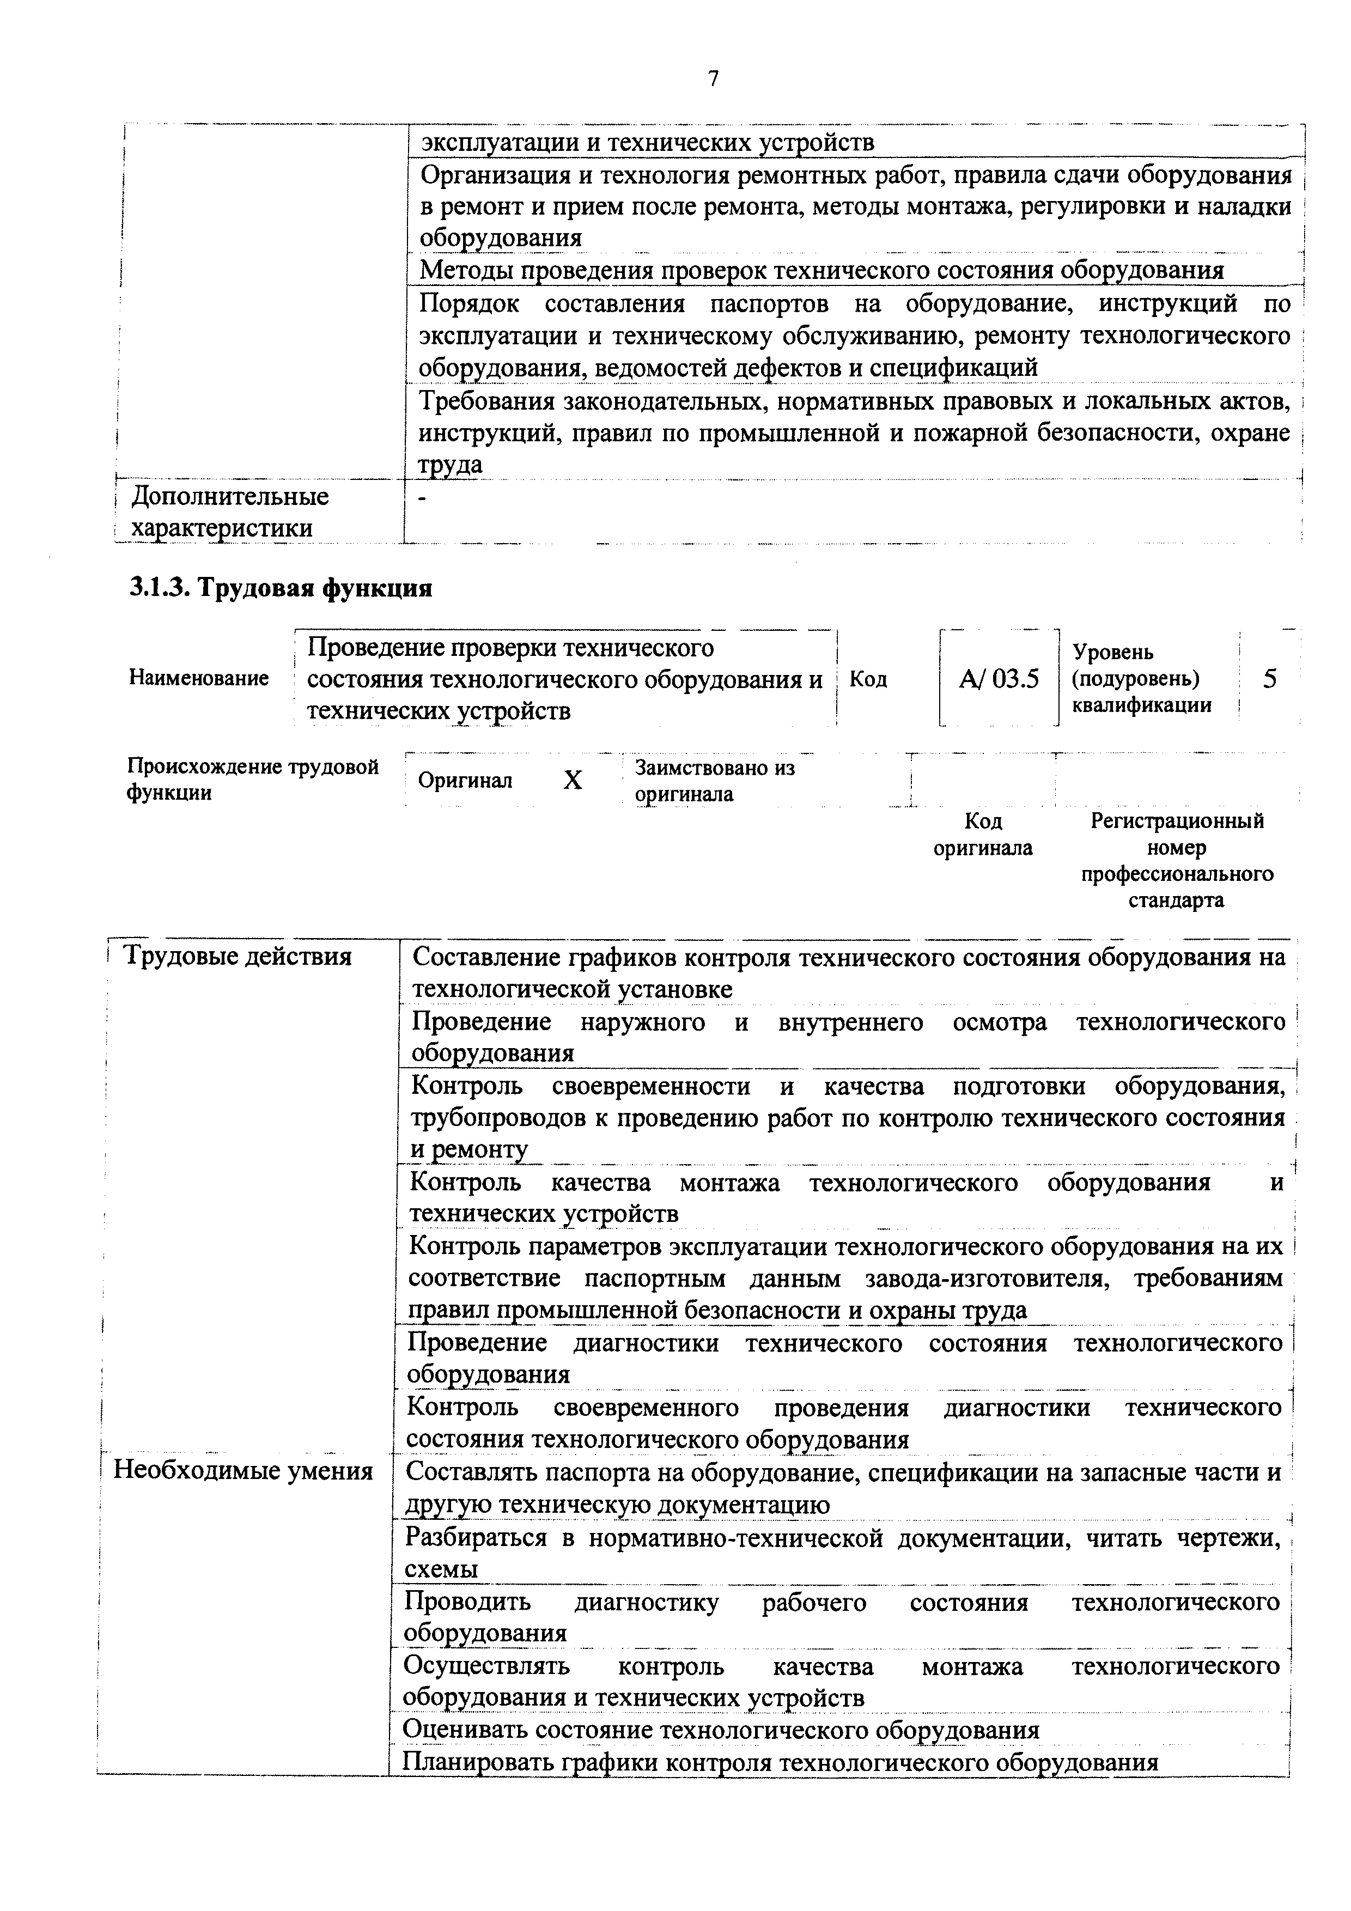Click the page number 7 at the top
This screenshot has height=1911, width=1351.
point(713,78)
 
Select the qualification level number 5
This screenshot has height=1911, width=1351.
point(1269,679)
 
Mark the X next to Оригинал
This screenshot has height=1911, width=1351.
point(573,781)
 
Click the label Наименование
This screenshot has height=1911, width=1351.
point(199,678)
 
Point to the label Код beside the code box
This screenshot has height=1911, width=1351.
point(868,679)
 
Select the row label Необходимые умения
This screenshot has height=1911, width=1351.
point(243,1471)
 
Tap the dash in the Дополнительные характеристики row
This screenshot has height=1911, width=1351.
point(424,497)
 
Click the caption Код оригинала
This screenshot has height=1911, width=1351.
point(983,834)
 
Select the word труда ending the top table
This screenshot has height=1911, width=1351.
point(451,465)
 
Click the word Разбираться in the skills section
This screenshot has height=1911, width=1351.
point(476,1536)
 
